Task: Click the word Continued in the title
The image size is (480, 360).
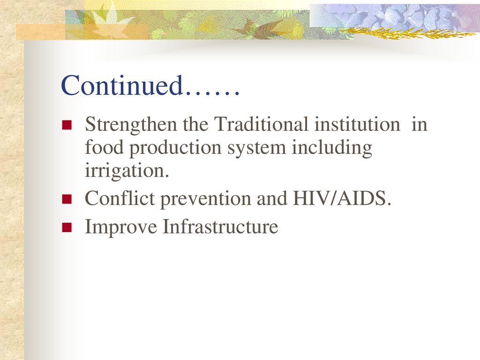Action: click(x=122, y=85)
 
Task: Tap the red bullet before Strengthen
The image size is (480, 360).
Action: click(x=67, y=125)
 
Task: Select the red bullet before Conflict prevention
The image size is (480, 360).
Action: click(x=67, y=199)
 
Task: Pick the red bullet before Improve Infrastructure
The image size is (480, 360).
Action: click(x=67, y=227)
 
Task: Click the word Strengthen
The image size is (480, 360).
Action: click(x=131, y=125)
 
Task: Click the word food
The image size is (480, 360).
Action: click(x=104, y=147)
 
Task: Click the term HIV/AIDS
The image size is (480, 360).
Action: click(x=342, y=198)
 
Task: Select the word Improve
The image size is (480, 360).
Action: click(x=120, y=227)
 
